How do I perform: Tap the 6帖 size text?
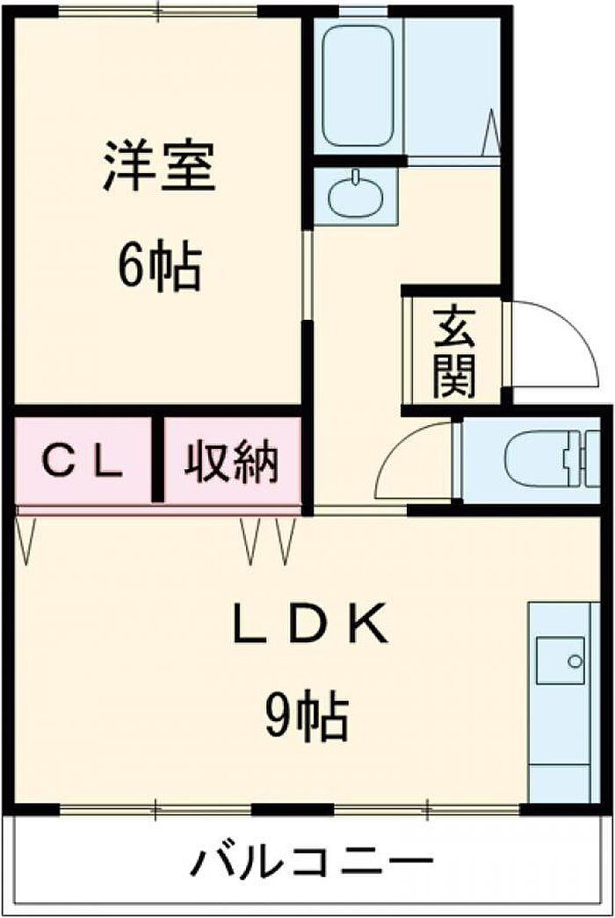159,269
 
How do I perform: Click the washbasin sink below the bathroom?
355,196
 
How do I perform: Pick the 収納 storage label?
232,461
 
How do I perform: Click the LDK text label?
310,625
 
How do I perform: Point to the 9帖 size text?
308,715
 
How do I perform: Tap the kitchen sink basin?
561,660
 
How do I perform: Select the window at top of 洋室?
157,11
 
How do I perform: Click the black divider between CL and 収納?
157,458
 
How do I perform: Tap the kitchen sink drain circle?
575,661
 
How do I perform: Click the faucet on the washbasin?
356,177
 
